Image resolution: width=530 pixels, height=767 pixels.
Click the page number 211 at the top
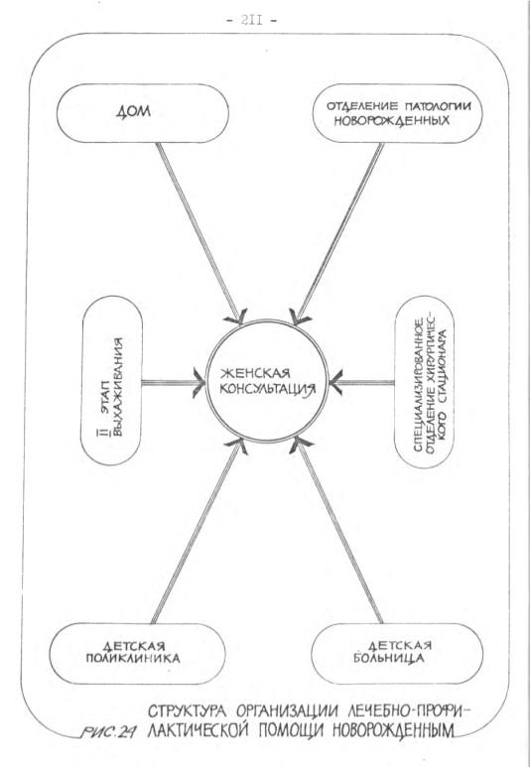tap(251, 20)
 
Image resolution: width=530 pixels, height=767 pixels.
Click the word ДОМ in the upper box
tap(134, 112)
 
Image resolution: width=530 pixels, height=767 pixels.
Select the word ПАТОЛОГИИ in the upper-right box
tap(438, 105)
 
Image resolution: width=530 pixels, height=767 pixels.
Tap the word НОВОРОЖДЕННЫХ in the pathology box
tap(391, 121)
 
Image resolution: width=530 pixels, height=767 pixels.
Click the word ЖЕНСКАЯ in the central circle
tap(255, 373)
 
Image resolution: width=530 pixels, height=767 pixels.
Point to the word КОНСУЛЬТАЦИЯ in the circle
tap(267, 389)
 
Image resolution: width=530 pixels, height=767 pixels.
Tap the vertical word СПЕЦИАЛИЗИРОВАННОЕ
tap(419, 385)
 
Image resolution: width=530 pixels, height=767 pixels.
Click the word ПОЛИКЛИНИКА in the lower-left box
tap(133, 659)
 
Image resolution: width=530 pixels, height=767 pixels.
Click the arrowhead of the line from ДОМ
tap(237, 318)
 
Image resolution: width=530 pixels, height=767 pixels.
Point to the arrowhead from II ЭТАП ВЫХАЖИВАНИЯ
tap(199, 383)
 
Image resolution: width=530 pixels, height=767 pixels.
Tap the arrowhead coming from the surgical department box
tap(334, 382)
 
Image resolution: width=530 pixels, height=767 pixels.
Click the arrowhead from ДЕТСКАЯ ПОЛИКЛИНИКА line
tap(237, 446)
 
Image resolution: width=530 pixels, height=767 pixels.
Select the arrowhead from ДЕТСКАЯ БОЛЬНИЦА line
tap(300, 445)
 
